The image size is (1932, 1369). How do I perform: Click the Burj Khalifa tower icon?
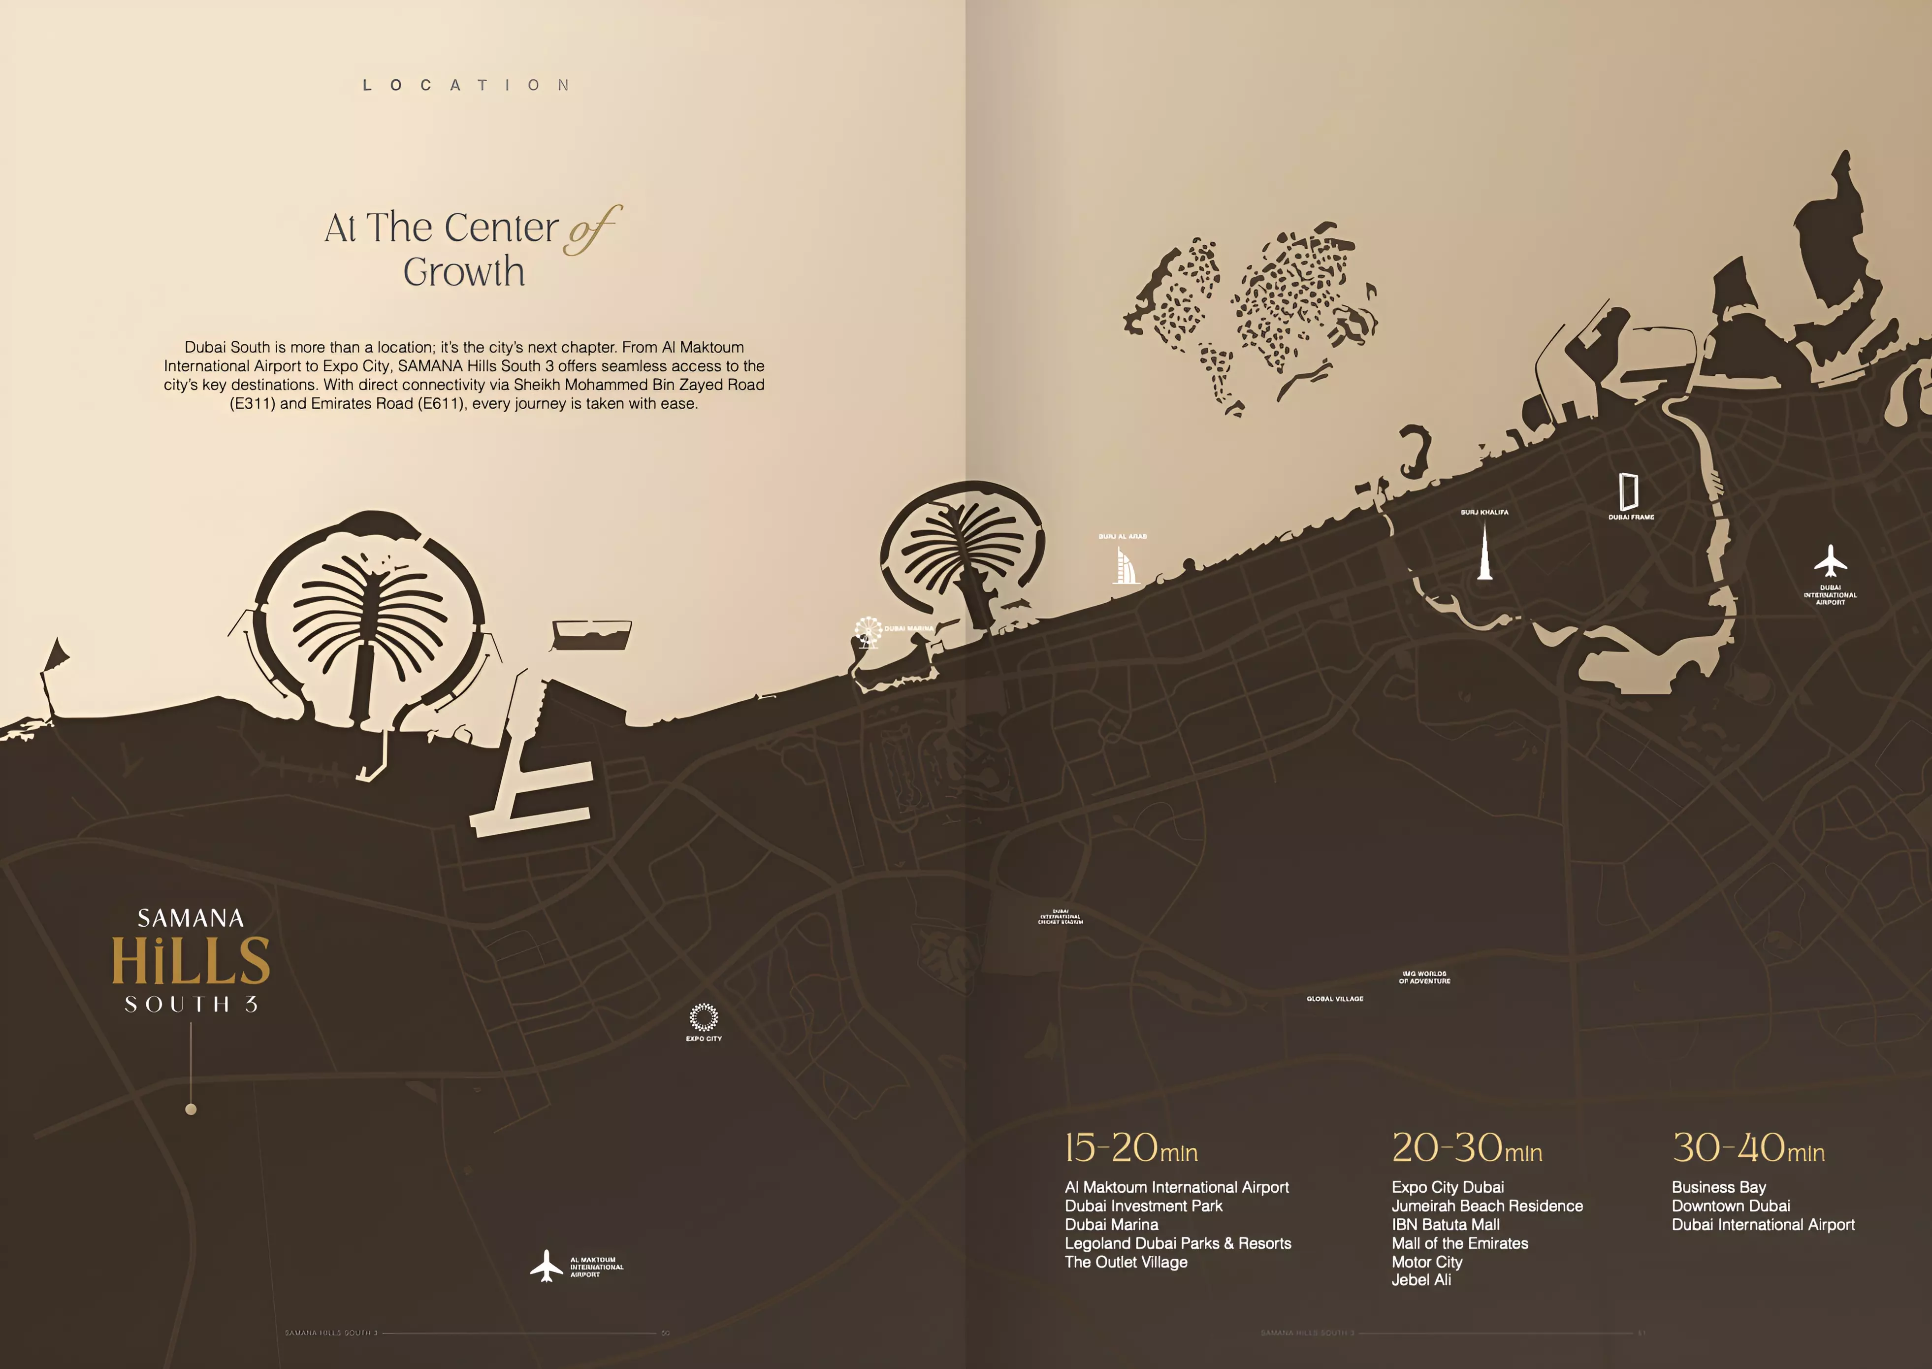(1484, 552)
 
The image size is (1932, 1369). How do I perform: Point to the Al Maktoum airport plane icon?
(546, 1265)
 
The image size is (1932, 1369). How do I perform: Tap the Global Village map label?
(1334, 999)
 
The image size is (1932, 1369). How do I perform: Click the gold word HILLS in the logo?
(192, 961)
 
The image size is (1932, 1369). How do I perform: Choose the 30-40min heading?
(1747, 1148)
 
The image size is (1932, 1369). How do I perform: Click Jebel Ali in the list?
(1421, 1280)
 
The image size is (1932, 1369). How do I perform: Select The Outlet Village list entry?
(1126, 1262)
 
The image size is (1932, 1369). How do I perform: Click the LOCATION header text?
(466, 85)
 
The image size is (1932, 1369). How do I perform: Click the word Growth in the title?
(464, 272)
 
